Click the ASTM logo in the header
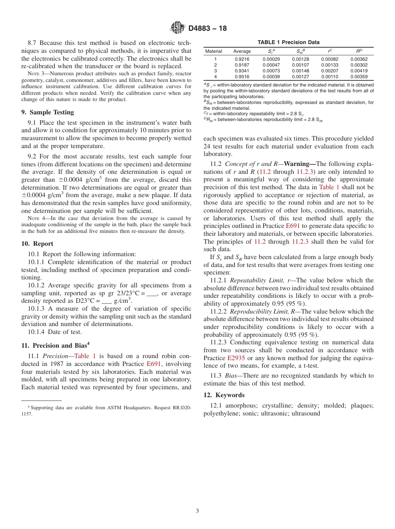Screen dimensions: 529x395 click(x=178, y=28)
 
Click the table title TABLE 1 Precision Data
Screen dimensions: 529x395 click(x=288, y=42)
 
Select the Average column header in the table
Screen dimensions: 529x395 click(x=242, y=51)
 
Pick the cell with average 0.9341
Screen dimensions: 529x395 click(x=242, y=71)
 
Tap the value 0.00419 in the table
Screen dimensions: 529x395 click(x=359, y=71)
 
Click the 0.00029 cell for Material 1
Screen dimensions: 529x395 click(x=271, y=59)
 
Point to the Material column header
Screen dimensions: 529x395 click(x=214, y=51)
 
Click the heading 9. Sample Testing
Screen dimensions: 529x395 click(x=47, y=112)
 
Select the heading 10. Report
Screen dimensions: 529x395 click(x=37, y=244)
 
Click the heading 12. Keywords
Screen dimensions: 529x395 click(x=224, y=395)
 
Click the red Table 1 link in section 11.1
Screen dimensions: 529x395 click(x=85, y=356)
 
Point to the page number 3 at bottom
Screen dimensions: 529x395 click(x=197, y=511)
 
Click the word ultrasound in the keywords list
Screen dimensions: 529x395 click(x=306, y=413)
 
